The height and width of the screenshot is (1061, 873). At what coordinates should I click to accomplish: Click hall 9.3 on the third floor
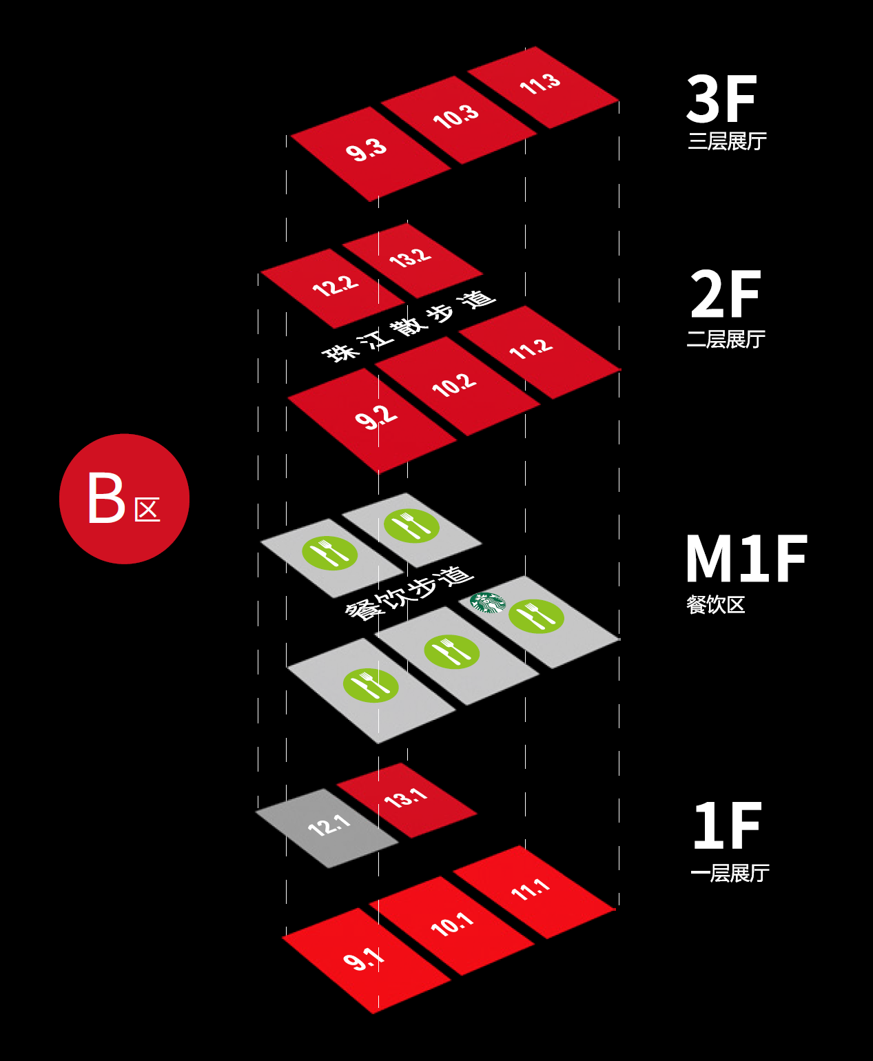[x=370, y=154]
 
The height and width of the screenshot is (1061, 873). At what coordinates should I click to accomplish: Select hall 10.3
[x=458, y=120]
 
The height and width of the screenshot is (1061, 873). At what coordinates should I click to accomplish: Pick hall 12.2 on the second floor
[x=333, y=288]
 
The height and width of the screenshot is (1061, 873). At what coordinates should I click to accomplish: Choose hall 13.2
[x=412, y=260]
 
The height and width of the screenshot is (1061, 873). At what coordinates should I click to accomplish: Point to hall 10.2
[x=457, y=386]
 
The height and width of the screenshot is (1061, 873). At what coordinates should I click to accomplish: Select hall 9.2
[x=372, y=420]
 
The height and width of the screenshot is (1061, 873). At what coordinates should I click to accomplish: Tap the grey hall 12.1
[x=327, y=827]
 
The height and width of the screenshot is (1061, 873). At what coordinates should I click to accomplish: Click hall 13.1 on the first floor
[x=407, y=800]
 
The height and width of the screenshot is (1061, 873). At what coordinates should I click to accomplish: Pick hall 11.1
[x=535, y=892]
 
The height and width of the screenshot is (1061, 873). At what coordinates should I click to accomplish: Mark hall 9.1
[x=367, y=960]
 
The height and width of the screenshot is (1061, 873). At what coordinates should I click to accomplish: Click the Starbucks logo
[x=487, y=602]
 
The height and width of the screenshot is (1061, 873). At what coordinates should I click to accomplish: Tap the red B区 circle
[x=124, y=499]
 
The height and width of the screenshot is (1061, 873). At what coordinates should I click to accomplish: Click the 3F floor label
[x=721, y=99]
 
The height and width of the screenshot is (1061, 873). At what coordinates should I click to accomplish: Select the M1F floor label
[x=746, y=558]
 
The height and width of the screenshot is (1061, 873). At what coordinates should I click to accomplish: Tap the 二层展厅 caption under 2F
[x=726, y=339]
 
